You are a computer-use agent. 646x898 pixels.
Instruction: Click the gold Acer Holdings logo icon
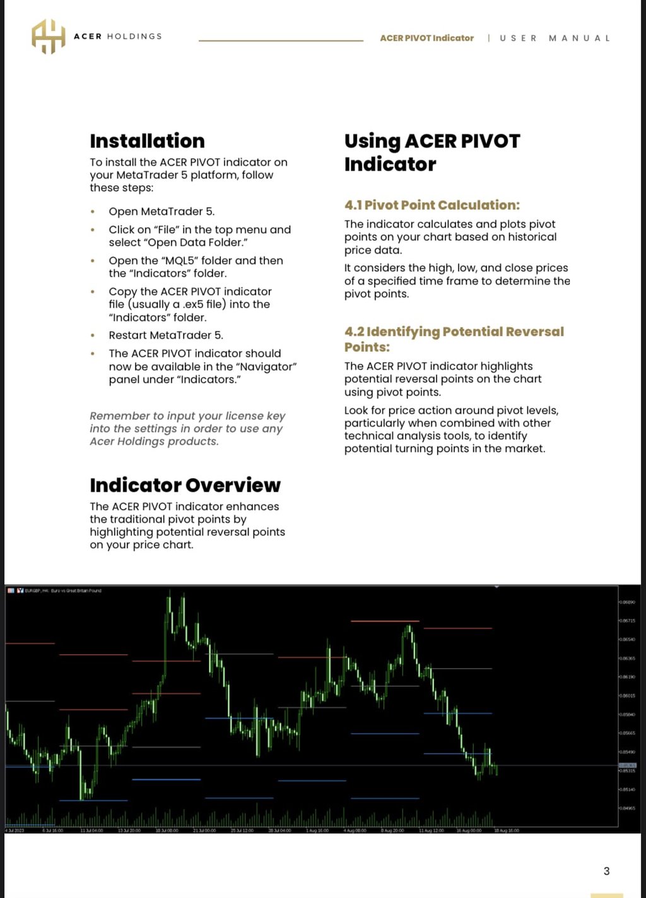tap(49, 36)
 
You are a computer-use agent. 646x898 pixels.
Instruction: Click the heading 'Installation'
tap(147, 141)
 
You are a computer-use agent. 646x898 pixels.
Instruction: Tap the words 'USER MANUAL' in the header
tap(555, 38)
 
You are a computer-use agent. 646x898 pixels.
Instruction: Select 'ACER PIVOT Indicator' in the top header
tap(426, 38)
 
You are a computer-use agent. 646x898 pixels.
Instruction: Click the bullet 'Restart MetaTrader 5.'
tap(166, 335)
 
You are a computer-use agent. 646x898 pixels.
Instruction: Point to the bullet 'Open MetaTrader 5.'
tap(161, 212)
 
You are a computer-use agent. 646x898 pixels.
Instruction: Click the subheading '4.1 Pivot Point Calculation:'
tap(432, 205)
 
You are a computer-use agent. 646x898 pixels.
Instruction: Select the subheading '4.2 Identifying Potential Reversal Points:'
tap(454, 339)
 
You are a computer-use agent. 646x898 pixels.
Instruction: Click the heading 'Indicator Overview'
tap(185, 485)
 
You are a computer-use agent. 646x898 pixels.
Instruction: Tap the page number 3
tap(606, 871)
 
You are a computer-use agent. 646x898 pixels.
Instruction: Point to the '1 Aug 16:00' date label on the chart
tap(317, 830)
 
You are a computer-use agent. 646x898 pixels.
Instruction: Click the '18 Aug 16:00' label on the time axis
tap(505, 830)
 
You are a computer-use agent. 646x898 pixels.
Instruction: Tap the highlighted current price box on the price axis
tap(627, 765)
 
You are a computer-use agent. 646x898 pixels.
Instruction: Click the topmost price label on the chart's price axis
tap(627, 602)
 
